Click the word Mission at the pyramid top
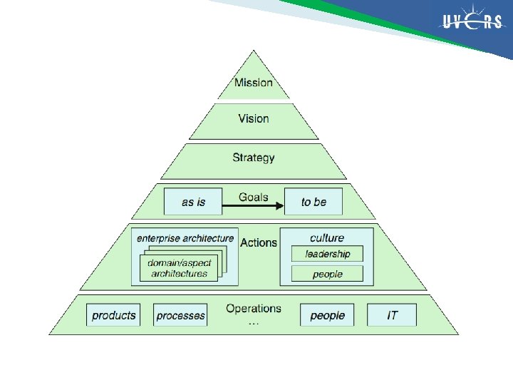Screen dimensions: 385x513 pos(254,83)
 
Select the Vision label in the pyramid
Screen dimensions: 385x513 pos(254,118)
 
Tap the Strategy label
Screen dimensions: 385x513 pos(254,158)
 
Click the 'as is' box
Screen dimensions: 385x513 pos(193,202)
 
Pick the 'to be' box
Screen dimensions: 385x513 pos(313,202)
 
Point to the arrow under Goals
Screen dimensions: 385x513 pos(253,207)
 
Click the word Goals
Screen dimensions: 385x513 pos(254,196)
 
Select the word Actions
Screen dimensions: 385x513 pos(259,242)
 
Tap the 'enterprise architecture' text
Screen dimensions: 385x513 pos(185,237)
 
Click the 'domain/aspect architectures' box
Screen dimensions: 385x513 pos(179,268)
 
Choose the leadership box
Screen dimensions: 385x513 pos(328,254)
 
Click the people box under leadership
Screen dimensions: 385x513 pos(328,274)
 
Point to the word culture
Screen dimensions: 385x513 pos(327,237)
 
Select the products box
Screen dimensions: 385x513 pos(114,315)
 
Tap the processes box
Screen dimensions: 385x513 pos(180,315)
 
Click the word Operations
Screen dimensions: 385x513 pos(254,309)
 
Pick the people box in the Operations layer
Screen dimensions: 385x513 pos(327,315)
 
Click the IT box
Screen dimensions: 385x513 pos(392,315)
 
